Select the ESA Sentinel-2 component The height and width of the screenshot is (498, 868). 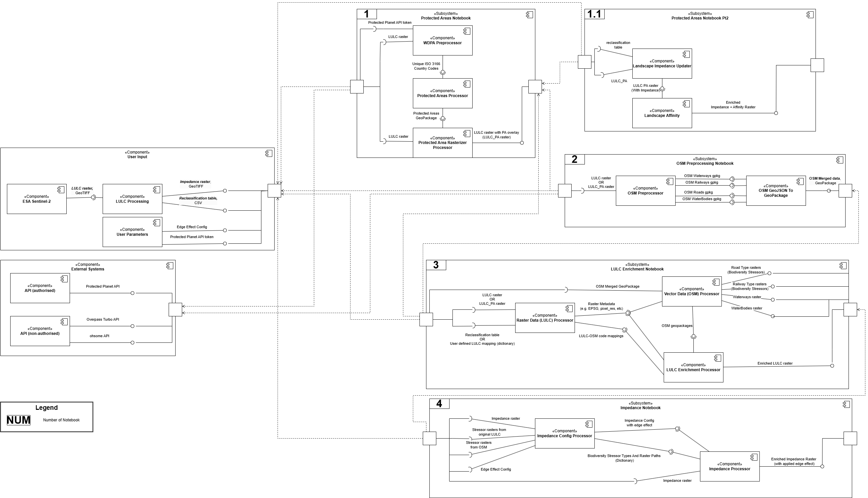click(x=37, y=199)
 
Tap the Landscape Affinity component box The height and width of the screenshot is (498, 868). click(x=662, y=113)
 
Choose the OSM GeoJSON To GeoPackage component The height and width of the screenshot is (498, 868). click(x=775, y=191)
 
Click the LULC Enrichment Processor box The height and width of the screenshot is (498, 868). click(x=693, y=367)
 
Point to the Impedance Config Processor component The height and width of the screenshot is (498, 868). click(x=564, y=433)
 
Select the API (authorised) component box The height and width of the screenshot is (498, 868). click(x=40, y=288)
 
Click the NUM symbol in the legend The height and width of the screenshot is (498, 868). click(x=18, y=420)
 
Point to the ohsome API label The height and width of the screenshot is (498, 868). click(x=99, y=336)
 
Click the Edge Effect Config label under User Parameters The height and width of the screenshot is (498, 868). click(x=192, y=227)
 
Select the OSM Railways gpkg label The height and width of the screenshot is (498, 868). click(x=701, y=182)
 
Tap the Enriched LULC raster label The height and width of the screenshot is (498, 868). click(x=775, y=363)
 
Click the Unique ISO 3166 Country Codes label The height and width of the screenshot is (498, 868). click(x=426, y=66)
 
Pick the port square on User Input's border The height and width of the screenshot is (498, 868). click(x=274, y=191)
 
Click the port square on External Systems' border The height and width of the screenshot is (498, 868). click(x=175, y=309)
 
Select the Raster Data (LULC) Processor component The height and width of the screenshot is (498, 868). click(x=544, y=318)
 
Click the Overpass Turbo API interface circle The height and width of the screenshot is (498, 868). click(x=133, y=326)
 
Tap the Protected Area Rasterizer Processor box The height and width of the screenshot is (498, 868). click(x=442, y=143)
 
